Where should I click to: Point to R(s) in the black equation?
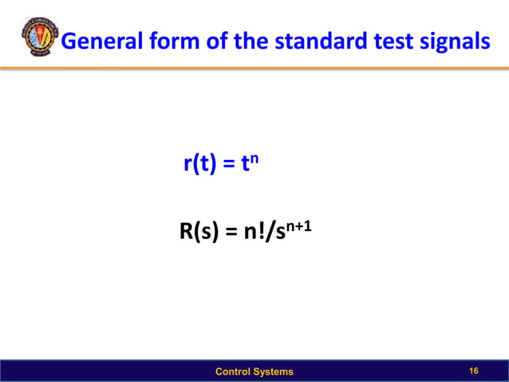pos(197,233)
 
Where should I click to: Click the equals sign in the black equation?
pos(231,234)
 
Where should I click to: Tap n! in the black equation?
pos(257,233)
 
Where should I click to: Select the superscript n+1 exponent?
pos(297,227)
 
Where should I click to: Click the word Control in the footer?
pos(236,372)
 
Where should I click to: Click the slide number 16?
pos(475,371)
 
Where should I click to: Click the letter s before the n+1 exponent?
pos(278,235)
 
